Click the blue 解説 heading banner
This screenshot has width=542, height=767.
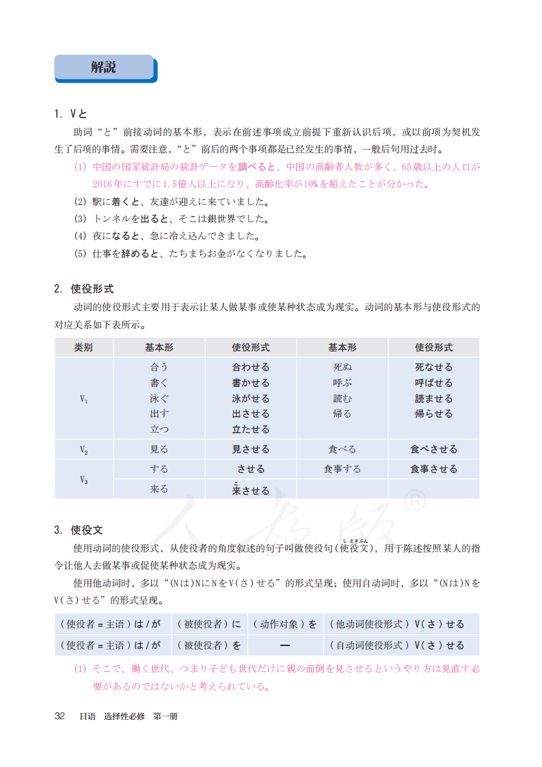click(x=105, y=68)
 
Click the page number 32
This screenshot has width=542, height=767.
click(x=59, y=716)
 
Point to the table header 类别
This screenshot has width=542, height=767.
click(x=83, y=347)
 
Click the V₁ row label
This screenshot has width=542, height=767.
click(x=83, y=399)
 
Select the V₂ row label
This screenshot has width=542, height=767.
click(x=83, y=450)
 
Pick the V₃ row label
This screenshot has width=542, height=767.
click(x=83, y=479)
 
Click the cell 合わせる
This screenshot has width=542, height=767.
click(x=251, y=368)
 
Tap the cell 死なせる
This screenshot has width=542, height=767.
click(x=433, y=368)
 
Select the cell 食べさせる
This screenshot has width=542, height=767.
click(x=433, y=450)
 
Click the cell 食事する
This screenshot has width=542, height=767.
click(x=342, y=470)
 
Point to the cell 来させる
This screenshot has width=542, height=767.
click(x=251, y=490)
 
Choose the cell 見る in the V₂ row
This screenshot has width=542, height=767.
click(x=159, y=450)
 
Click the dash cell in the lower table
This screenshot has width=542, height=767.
click(x=285, y=645)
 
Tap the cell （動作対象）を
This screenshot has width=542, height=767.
click(x=285, y=624)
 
